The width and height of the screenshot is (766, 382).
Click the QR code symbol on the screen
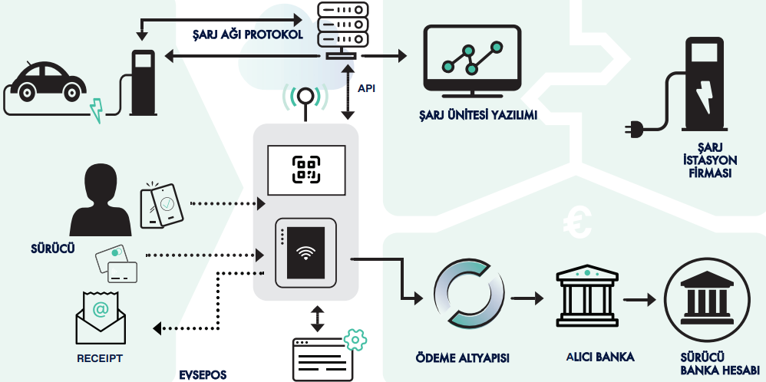(x=305, y=169)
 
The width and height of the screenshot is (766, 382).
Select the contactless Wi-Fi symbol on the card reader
(x=305, y=253)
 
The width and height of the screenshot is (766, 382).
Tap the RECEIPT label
(x=100, y=358)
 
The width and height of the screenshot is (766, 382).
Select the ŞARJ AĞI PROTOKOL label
(x=247, y=35)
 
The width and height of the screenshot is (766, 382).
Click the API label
(x=367, y=88)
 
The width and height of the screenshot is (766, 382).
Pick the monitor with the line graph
(x=472, y=61)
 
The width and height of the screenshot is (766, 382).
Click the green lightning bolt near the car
(x=96, y=110)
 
